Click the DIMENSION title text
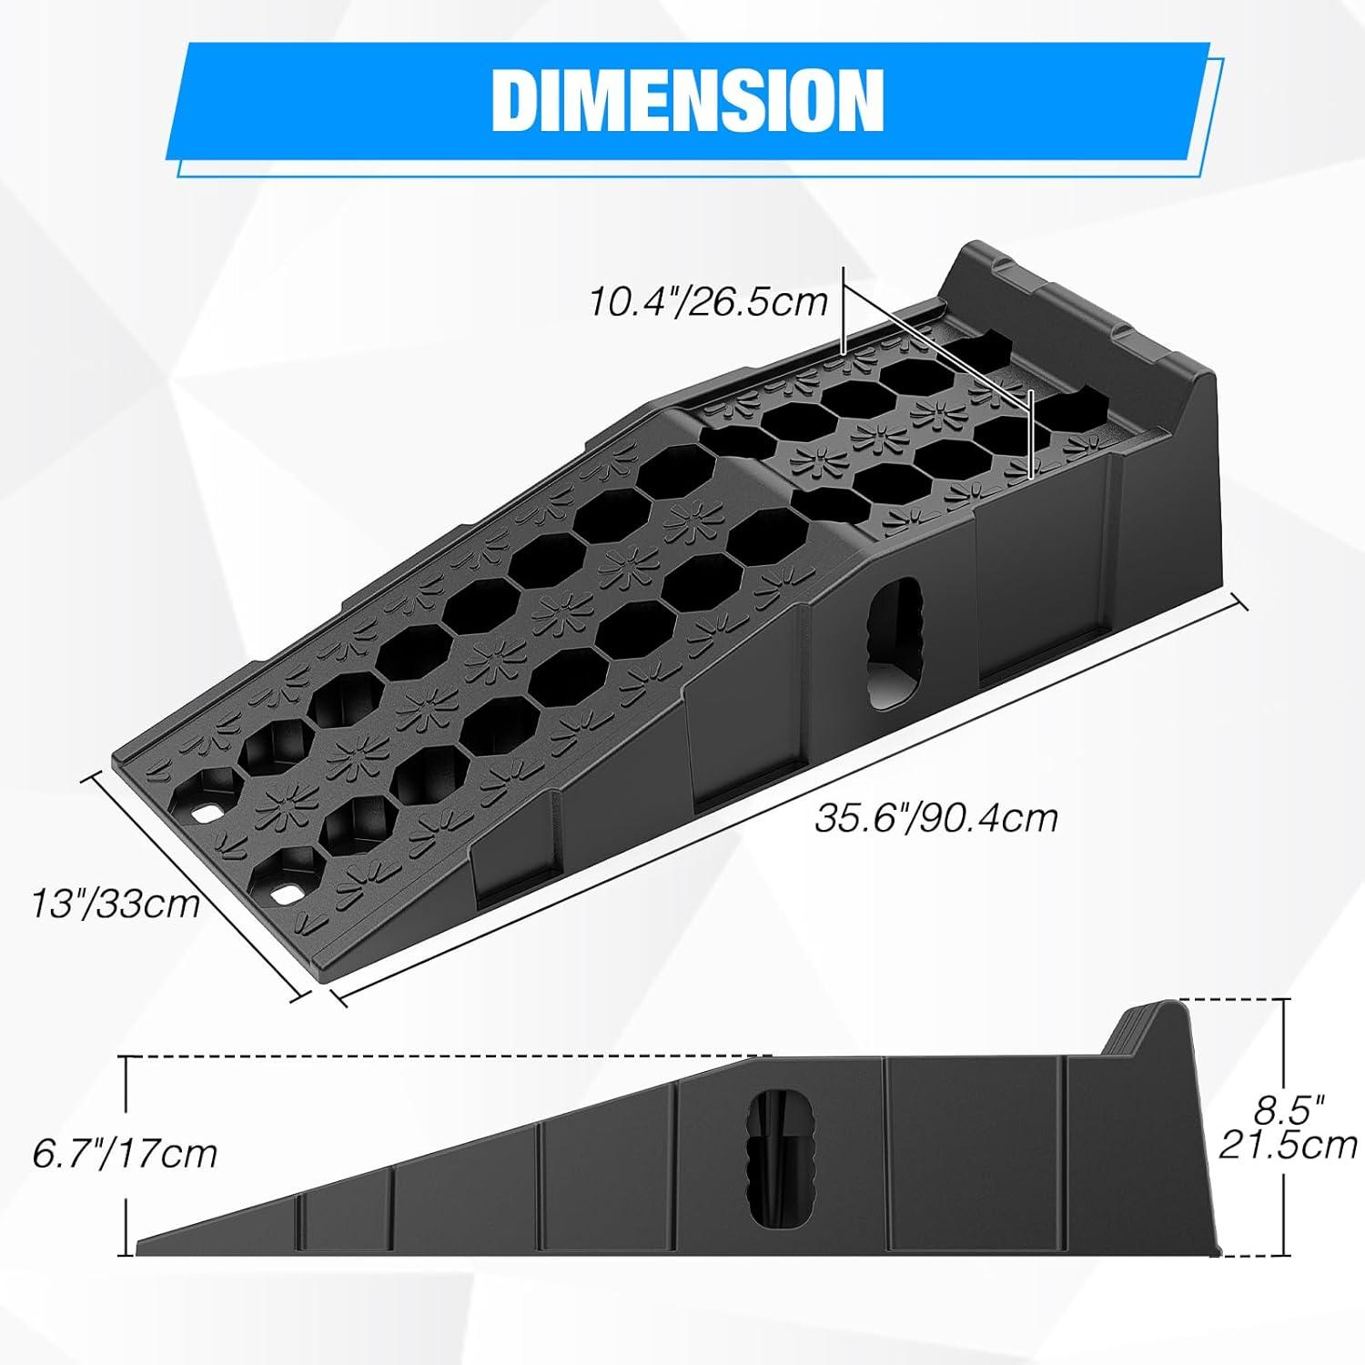pyautogui.click(x=687, y=99)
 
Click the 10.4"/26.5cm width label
pyautogui.click(x=709, y=300)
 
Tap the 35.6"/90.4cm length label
pyautogui.click(x=935, y=817)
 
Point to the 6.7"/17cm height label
pyautogui.click(x=125, y=1154)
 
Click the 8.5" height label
pyautogui.click(x=1286, y=1111)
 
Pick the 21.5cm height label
pyautogui.click(x=1288, y=1144)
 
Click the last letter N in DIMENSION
pyautogui.click(x=858, y=100)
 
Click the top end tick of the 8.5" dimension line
pyautogui.click(x=1285, y=999)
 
